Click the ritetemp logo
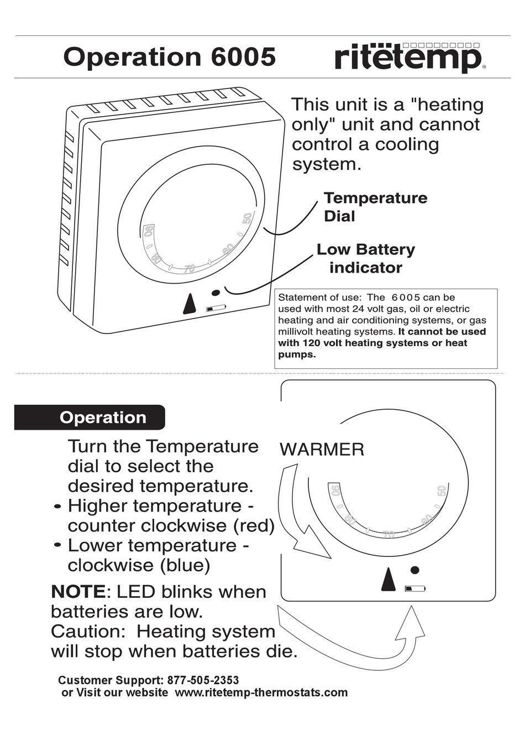(x=409, y=58)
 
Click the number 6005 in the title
(x=243, y=57)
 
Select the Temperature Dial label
(x=375, y=207)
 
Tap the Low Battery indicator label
(x=365, y=258)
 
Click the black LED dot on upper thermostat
(x=216, y=293)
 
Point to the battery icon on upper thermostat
(x=216, y=309)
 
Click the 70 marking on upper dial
(x=190, y=269)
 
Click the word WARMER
(x=322, y=449)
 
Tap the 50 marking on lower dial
(x=441, y=491)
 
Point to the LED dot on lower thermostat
(x=415, y=570)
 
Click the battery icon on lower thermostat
(x=415, y=588)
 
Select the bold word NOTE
(x=77, y=592)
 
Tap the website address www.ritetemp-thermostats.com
(x=261, y=692)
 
